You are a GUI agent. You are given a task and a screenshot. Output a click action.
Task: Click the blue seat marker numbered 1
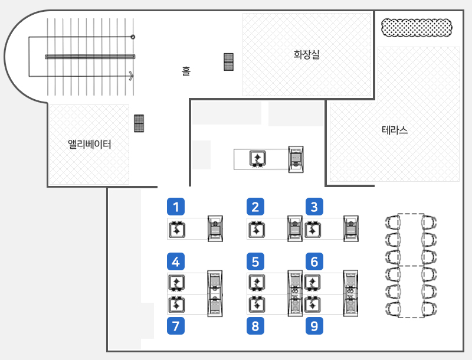(176, 207)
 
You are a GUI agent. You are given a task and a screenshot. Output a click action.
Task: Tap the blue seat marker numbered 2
(255, 207)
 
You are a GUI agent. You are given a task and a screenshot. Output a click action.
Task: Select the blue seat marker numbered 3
(314, 207)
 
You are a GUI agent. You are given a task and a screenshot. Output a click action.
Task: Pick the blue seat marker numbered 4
(176, 260)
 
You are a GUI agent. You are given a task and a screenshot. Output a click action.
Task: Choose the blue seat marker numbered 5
(255, 260)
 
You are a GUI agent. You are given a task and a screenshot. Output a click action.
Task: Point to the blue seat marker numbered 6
(314, 260)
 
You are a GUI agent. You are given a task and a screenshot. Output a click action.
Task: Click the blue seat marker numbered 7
(176, 326)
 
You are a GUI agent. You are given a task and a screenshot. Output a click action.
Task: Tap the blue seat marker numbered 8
(255, 326)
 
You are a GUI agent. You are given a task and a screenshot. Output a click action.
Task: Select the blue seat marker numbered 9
(314, 326)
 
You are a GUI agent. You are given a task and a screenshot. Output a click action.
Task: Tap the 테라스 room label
(395, 130)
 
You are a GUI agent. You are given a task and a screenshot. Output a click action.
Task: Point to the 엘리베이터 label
(90, 144)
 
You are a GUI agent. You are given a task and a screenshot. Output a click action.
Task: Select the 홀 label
(186, 71)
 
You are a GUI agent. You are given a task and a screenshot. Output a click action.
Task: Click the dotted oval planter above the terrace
(417, 27)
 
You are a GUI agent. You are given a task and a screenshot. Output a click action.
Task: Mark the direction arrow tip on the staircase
(132, 76)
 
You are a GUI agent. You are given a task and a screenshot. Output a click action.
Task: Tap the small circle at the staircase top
(133, 37)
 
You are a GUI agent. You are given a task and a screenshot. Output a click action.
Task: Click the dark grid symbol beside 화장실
(229, 62)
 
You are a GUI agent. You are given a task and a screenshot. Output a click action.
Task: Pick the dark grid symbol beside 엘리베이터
(139, 123)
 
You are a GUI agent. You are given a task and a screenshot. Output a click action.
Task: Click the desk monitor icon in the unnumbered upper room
(258, 158)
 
